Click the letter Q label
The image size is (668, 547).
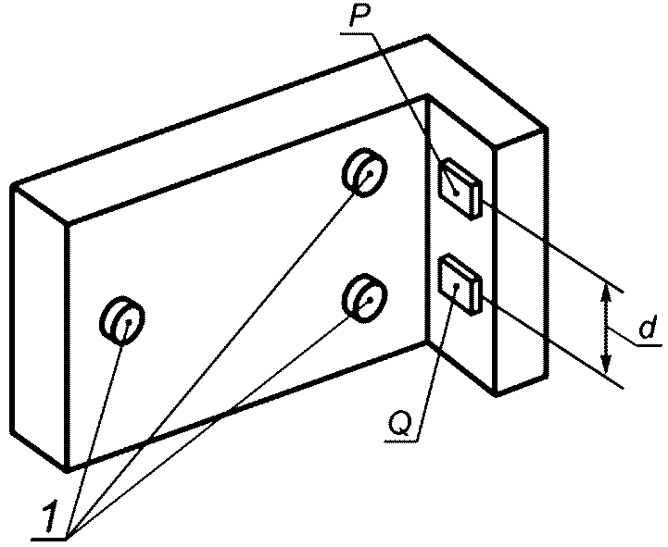click(401, 424)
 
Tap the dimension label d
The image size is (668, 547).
click(648, 329)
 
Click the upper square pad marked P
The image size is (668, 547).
click(458, 186)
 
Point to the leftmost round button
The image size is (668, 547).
click(120, 320)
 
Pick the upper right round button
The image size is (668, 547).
click(363, 172)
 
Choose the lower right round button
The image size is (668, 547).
click(363, 296)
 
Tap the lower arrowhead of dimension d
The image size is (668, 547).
click(606, 364)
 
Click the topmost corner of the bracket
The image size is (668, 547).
click(427, 36)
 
